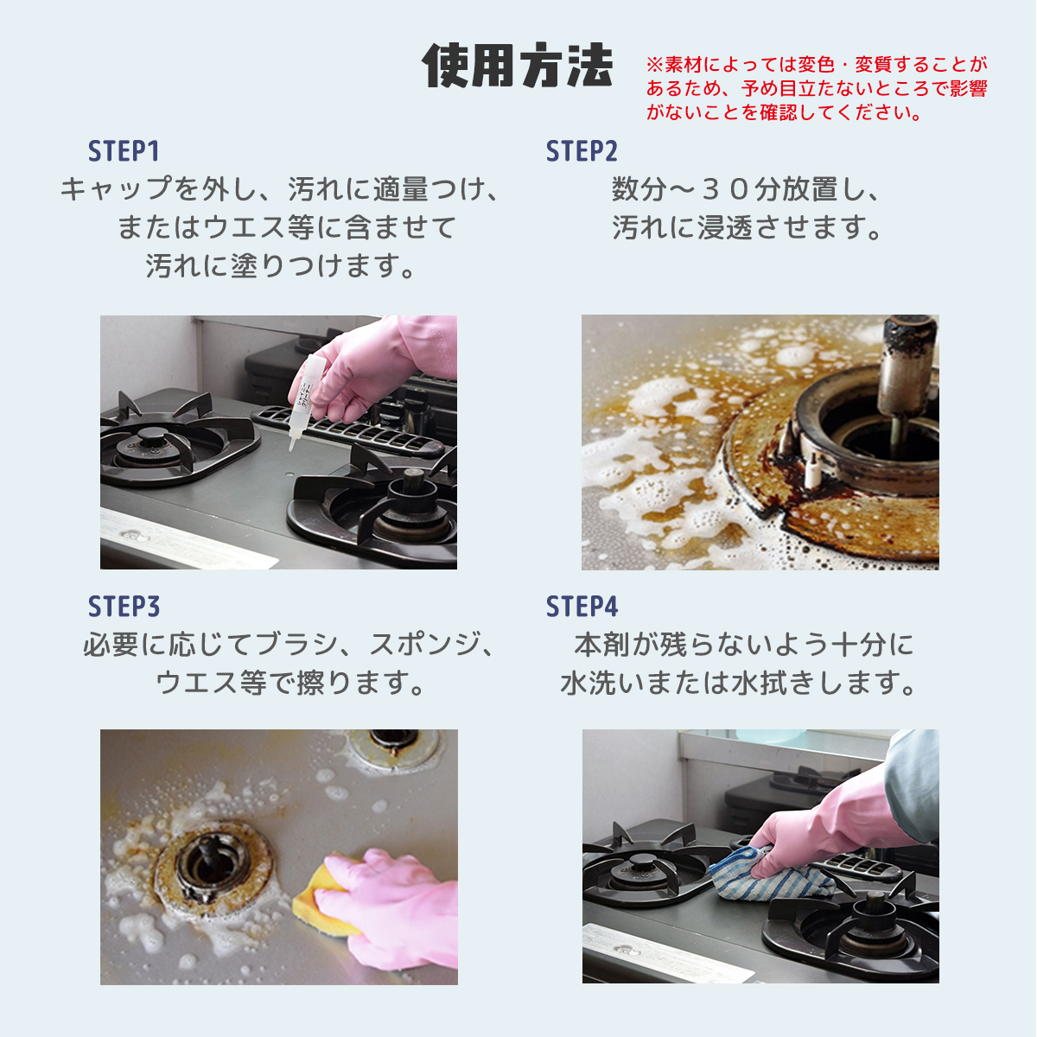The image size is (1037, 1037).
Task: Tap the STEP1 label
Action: [x=124, y=151]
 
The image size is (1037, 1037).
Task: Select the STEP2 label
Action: [x=582, y=151]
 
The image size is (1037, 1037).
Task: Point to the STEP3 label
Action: [x=124, y=607]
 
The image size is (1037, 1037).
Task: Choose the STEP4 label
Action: [x=582, y=607]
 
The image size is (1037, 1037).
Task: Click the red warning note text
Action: [x=816, y=88]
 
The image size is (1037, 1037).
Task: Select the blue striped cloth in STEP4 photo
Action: [x=760, y=875]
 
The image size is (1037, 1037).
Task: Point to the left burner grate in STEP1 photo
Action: [x=164, y=441]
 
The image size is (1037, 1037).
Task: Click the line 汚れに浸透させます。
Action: [x=748, y=227]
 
